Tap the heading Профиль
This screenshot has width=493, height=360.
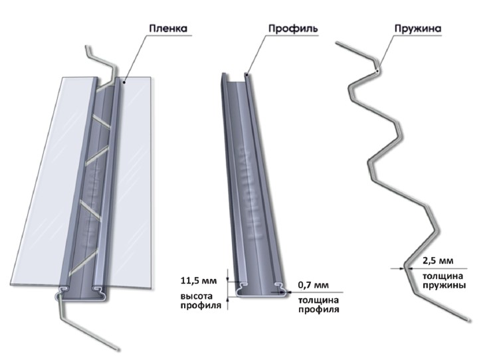tap(292, 29)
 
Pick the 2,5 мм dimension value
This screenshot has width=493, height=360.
tap(436, 260)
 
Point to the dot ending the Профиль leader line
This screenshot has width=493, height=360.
tap(245, 75)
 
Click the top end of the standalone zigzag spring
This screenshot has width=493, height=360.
tap(336, 45)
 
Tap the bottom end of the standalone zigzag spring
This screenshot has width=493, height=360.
tap(474, 322)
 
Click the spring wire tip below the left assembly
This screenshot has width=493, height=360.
tap(118, 349)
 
